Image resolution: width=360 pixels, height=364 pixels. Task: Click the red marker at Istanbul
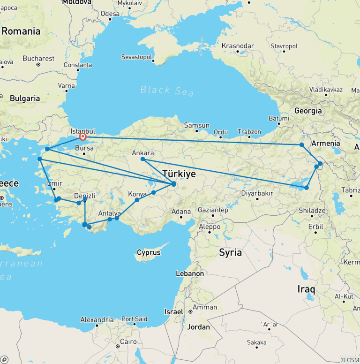coord(82,137)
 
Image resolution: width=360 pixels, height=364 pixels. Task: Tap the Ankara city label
coord(143,153)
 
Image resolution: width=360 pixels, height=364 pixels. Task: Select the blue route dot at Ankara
coord(143,159)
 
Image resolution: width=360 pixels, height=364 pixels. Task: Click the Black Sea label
coord(167,90)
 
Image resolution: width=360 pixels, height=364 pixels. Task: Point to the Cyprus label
coord(149,252)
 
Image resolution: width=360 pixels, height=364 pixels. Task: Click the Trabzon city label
coord(249,132)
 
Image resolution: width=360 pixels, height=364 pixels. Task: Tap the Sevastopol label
coord(137,57)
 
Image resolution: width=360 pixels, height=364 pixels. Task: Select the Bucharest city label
coord(38,59)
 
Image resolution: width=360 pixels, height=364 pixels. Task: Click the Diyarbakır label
coord(257,193)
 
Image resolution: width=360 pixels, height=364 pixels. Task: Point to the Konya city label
coord(137,193)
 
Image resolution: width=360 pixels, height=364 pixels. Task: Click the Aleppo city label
coord(209,227)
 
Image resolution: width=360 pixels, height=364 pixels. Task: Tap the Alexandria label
coord(97,320)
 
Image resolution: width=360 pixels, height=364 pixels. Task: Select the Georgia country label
coord(308,111)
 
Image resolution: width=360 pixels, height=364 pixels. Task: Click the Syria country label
coord(231,252)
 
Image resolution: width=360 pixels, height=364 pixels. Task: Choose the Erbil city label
coord(316,226)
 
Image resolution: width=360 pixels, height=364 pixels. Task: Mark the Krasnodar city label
coord(238,46)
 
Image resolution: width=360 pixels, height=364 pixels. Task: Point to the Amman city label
coord(205,307)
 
